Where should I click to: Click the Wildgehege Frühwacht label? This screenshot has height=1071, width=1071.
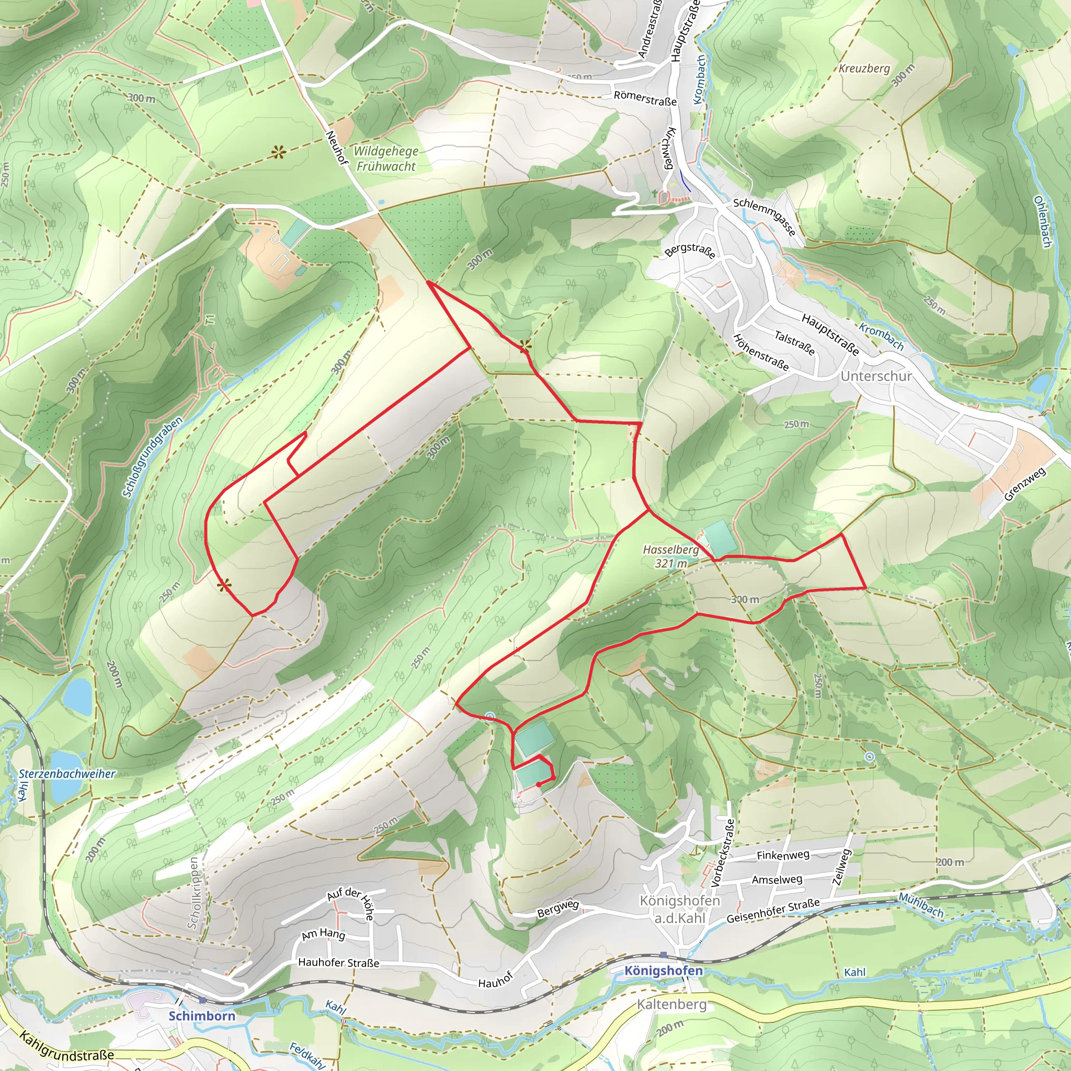[x=386, y=158]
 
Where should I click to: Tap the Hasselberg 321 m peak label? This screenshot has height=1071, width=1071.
[x=671, y=556]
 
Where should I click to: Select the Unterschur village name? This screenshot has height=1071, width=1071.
[x=876, y=376]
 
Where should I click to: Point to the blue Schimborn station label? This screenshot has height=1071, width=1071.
[x=202, y=1016]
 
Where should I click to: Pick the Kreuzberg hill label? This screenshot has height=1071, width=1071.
[x=864, y=69]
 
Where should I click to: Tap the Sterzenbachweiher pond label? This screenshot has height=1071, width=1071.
[x=67, y=774]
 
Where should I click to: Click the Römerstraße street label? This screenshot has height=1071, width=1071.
[x=645, y=99]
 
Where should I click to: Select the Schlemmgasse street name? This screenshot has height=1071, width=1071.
[x=765, y=217]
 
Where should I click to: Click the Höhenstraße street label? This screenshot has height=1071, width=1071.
[x=760, y=352]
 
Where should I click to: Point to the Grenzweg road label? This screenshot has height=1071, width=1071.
[x=1024, y=484]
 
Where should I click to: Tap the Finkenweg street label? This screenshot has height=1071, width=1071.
[x=783, y=856]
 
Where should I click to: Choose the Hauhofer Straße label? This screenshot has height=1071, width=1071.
[x=338, y=963]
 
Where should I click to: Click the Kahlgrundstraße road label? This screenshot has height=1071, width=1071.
[x=66, y=1046]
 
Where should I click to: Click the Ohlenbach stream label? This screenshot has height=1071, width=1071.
[x=1042, y=222]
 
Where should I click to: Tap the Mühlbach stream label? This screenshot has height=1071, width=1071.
[x=920, y=905]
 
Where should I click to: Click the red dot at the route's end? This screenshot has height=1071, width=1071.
[x=539, y=784]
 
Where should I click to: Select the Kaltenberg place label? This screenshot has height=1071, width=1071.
[x=671, y=1005]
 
